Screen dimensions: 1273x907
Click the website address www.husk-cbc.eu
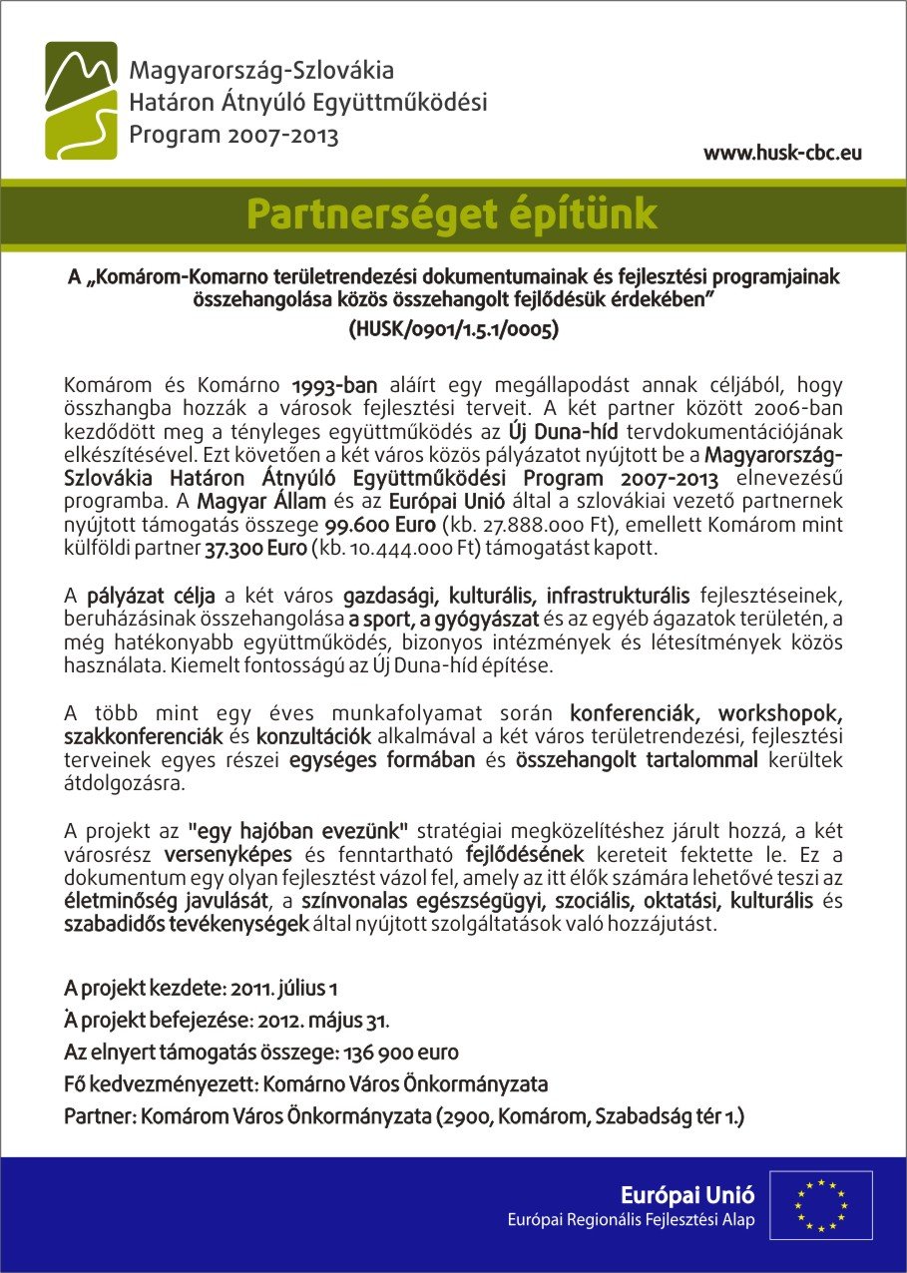782,154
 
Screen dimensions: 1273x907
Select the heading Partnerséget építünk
452,214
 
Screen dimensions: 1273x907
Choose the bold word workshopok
780,713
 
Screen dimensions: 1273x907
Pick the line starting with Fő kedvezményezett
305,1083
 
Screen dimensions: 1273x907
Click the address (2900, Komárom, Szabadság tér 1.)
591,1115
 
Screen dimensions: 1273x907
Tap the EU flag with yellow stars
819,1204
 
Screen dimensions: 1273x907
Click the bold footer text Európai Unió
687,1194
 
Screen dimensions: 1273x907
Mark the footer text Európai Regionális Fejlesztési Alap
631,1219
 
